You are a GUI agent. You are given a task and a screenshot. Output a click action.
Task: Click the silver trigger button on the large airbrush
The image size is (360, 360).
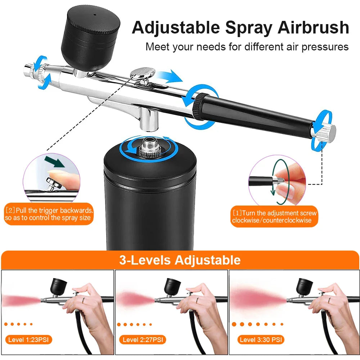point(143,73)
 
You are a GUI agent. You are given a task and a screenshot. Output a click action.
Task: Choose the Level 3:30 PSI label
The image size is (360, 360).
point(261,339)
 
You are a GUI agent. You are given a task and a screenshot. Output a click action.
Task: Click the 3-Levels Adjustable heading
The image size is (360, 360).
point(180,260)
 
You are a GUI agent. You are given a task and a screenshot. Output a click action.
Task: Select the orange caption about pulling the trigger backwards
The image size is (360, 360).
point(49,214)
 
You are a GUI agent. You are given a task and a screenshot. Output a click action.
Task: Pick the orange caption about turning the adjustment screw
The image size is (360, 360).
point(274,217)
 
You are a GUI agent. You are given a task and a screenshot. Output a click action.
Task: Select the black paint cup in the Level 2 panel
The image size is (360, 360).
point(172,286)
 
